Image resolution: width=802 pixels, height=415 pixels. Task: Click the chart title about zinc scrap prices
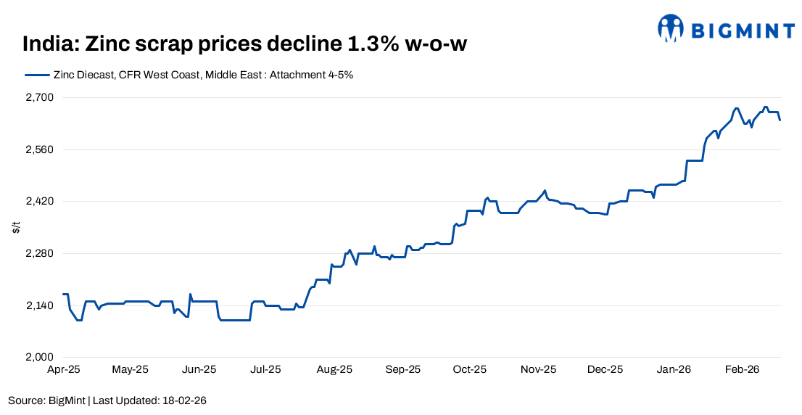(x=244, y=44)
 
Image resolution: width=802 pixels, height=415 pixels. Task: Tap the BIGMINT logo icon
(x=671, y=28)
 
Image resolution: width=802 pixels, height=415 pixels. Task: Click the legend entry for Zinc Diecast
(x=189, y=75)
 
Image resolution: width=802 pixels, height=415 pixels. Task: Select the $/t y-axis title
(x=16, y=227)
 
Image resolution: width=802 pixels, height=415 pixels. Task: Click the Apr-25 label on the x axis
(x=64, y=369)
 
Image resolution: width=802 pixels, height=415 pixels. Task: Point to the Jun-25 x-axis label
(x=198, y=369)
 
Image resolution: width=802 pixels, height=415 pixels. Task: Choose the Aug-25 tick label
(x=334, y=369)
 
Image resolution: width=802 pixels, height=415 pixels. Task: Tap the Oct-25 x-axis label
(x=470, y=369)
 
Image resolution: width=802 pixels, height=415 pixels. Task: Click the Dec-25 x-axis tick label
(x=605, y=369)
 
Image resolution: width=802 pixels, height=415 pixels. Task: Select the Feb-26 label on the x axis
(x=742, y=369)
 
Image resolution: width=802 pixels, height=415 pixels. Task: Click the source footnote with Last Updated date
(x=108, y=400)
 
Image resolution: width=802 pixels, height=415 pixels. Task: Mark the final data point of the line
(x=780, y=120)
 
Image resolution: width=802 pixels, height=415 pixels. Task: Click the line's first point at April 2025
(x=64, y=294)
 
